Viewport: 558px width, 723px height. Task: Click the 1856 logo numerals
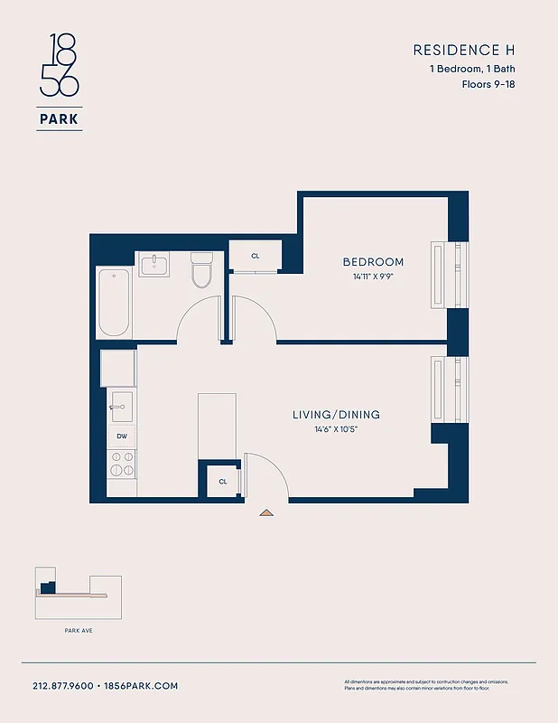point(59,66)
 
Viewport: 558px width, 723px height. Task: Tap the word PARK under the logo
point(60,118)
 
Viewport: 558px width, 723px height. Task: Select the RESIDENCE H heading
point(463,50)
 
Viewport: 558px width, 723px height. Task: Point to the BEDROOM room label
point(373,262)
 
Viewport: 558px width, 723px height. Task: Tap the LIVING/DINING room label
point(336,415)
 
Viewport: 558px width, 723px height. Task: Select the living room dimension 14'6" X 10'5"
point(336,429)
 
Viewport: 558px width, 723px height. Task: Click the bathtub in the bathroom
point(115,303)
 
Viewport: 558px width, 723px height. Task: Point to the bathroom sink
point(160,265)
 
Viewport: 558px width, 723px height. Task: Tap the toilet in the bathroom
point(201,268)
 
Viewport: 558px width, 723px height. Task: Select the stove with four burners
point(122,465)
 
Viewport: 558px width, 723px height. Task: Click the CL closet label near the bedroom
point(256,256)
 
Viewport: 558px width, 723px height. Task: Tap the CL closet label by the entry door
point(222,482)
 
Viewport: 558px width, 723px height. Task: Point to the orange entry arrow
point(266,512)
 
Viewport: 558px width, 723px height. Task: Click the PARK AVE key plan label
point(78,630)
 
